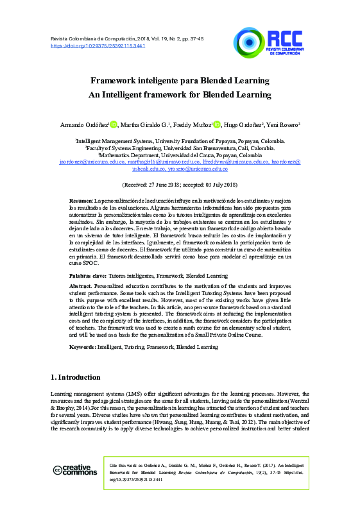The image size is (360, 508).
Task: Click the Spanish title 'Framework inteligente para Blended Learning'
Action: (x=180, y=81)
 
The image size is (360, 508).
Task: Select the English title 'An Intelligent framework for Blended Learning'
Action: (x=180, y=95)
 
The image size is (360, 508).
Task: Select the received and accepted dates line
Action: (x=180, y=184)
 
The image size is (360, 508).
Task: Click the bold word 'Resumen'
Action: (x=81, y=201)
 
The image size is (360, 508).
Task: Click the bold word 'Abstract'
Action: (x=80, y=285)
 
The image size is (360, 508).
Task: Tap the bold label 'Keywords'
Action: (x=83, y=346)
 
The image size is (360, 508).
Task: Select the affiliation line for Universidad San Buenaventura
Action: (x=180, y=147)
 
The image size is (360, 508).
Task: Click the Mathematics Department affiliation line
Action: (x=180, y=155)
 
